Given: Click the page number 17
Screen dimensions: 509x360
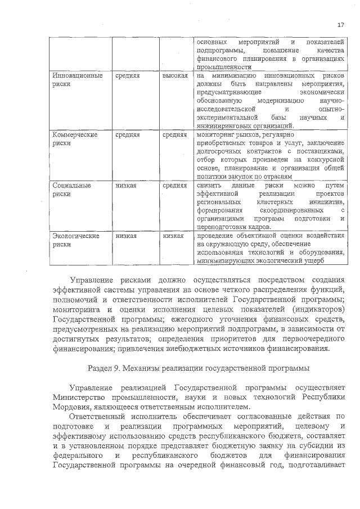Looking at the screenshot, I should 340,25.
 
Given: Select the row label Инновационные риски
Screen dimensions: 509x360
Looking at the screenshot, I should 76,79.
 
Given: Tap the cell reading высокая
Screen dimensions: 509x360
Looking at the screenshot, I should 174,75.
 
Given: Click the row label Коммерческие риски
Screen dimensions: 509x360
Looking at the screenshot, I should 74,139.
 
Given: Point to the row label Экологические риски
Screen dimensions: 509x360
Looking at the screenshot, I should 75,240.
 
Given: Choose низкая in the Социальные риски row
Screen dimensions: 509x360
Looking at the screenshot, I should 126,185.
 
